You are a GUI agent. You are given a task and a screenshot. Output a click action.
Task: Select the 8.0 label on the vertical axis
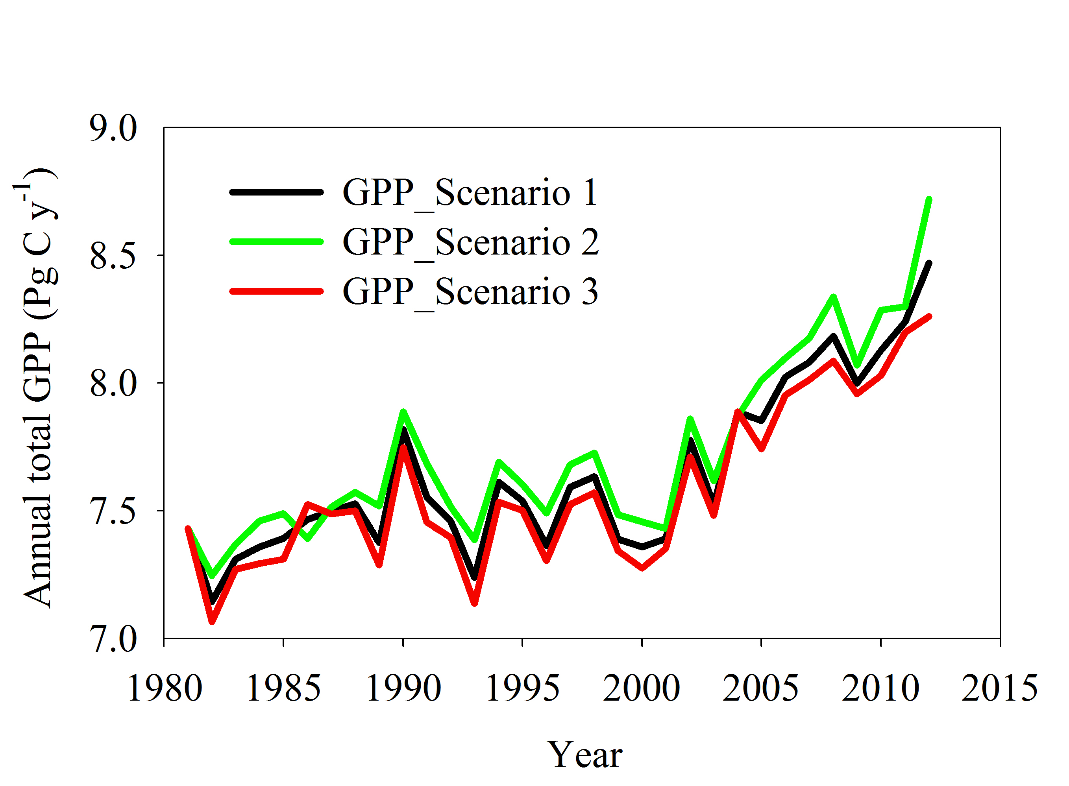pyautogui.click(x=113, y=383)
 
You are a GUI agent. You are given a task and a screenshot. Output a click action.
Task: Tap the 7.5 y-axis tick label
pyautogui.click(x=113, y=511)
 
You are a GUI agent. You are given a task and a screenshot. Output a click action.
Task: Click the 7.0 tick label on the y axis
pyautogui.click(x=113, y=639)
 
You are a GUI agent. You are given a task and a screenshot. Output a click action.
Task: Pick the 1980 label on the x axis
pyautogui.click(x=164, y=688)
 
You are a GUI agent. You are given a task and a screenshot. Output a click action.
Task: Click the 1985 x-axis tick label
pyautogui.click(x=284, y=688)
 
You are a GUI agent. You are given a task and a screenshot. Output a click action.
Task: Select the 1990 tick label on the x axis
pyautogui.click(x=403, y=688)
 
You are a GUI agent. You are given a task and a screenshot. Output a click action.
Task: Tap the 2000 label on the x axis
pyautogui.click(x=642, y=688)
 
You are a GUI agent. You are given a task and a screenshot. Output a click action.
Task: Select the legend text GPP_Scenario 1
pyautogui.click(x=469, y=192)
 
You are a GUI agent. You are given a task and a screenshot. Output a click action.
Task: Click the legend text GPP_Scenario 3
pyautogui.click(x=469, y=291)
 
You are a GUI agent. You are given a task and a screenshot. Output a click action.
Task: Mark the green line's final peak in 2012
pyautogui.click(x=928, y=199)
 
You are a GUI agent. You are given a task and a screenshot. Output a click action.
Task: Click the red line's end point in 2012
pyautogui.click(x=929, y=316)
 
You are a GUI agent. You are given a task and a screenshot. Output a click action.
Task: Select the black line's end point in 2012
pyautogui.click(x=928, y=263)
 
